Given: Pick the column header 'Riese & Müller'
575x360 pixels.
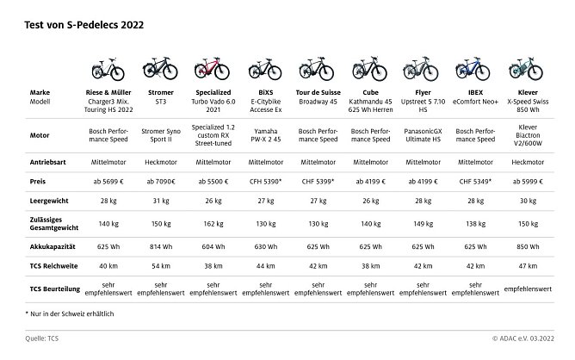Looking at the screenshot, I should tap(111, 90).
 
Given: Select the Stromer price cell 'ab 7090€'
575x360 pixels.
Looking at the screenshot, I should tap(162, 182).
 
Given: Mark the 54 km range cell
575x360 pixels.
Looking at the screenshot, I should tap(162, 265).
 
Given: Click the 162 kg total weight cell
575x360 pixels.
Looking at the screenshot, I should tap(212, 223).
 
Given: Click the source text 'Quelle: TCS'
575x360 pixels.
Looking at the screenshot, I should tap(46, 338).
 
